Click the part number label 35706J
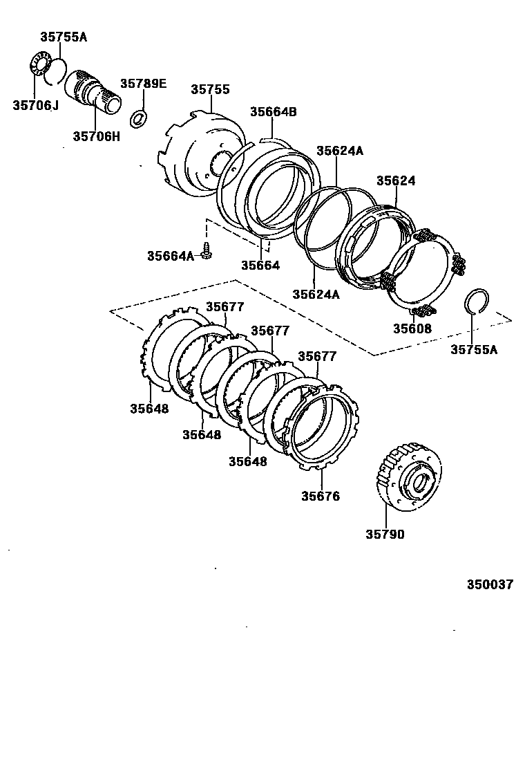35,105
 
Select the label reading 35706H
96,136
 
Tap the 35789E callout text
143,84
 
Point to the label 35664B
273,111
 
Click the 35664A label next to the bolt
170,256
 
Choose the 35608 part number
412,328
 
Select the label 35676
321,496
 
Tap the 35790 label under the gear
385,534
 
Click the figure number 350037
489,584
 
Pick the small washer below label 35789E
139,117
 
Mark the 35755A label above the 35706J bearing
64,37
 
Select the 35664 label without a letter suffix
260,265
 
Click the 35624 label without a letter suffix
396,180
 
